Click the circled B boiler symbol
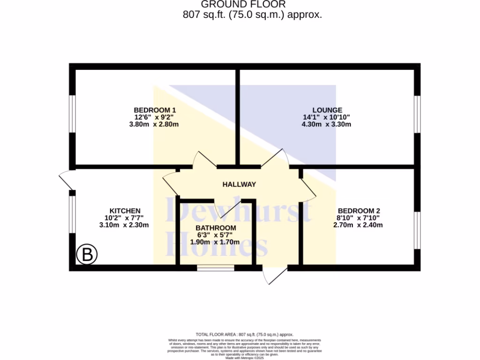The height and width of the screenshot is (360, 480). [87, 255]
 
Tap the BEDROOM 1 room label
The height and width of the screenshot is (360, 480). [155, 110]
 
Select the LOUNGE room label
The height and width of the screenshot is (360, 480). [327, 110]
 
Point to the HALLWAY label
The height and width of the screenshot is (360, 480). [239, 184]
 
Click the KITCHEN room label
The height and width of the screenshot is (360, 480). [125, 210]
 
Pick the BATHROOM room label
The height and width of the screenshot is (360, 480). [216, 228]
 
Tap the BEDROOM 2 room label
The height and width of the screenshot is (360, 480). [359, 210]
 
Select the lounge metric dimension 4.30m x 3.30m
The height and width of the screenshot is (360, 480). [326, 124]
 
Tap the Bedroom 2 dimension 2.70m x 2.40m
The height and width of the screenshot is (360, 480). [358, 225]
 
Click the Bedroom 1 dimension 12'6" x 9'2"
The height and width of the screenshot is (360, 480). [155, 117]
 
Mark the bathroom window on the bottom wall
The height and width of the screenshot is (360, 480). [215, 268]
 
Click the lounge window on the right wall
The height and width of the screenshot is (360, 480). [417, 114]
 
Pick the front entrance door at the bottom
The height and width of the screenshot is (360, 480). [275, 277]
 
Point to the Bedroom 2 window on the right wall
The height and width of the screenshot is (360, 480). [417, 230]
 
